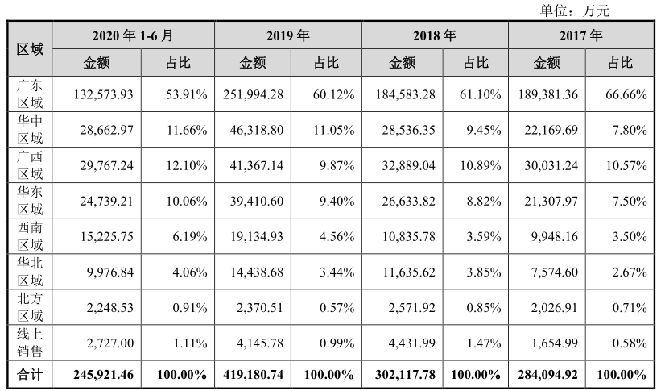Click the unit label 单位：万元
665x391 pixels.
point(575,10)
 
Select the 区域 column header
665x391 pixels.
point(30,49)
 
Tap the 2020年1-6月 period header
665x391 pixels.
point(133,35)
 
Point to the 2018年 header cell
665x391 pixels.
point(435,35)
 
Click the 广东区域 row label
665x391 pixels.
point(30,94)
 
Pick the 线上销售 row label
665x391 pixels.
point(30,343)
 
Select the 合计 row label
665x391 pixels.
point(30,374)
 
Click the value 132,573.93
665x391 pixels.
point(104,94)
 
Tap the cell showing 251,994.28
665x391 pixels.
point(253,94)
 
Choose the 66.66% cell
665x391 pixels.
point(626,94)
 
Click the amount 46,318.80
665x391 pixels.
point(257,130)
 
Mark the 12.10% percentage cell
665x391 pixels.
point(187,165)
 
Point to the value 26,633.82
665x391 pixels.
point(408,201)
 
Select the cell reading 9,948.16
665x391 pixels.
point(555,236)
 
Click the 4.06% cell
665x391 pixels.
point(189,272)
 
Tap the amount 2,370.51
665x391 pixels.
point(259,308)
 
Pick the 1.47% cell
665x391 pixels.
point(484,343)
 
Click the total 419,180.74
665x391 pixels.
point(253,375)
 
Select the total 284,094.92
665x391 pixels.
point(547,375)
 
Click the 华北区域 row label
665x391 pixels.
point(30,272)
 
